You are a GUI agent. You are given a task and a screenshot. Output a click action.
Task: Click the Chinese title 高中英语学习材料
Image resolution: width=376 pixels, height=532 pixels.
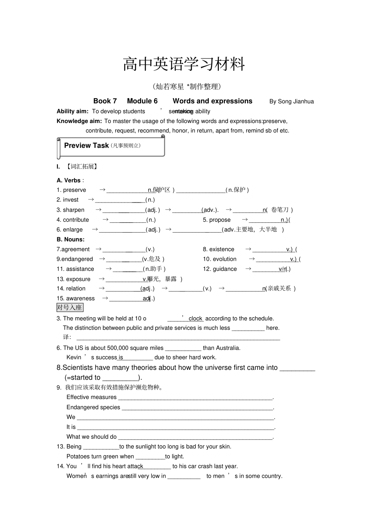pos(184,64)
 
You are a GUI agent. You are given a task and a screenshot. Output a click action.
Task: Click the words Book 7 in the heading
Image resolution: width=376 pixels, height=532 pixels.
pos(105,101)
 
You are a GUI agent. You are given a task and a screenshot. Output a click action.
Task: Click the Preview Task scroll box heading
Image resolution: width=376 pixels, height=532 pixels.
pos(86,146)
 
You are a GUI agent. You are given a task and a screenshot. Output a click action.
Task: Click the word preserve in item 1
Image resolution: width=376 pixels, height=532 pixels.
pos(74,190)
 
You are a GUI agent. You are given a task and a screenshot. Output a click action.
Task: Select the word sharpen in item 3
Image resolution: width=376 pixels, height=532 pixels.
pos(74,210)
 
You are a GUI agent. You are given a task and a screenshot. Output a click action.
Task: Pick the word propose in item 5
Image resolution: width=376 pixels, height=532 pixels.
pos(220,220)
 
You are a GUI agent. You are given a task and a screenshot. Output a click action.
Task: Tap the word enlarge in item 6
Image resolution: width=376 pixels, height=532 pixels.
pos(73,230)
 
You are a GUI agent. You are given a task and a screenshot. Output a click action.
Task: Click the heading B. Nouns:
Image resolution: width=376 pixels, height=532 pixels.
pos(70,239)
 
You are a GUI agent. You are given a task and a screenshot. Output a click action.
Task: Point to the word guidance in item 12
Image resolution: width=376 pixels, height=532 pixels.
pos(225,269)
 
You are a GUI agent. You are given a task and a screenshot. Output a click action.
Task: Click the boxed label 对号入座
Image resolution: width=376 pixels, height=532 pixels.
pos(70,307)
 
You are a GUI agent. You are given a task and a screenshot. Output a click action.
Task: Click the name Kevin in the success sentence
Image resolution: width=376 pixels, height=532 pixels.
pos(74,358)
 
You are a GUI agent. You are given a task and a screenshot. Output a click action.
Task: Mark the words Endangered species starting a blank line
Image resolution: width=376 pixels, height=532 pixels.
pos(93,407)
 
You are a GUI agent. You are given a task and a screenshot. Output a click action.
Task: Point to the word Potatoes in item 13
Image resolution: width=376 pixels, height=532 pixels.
pos(79,456)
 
